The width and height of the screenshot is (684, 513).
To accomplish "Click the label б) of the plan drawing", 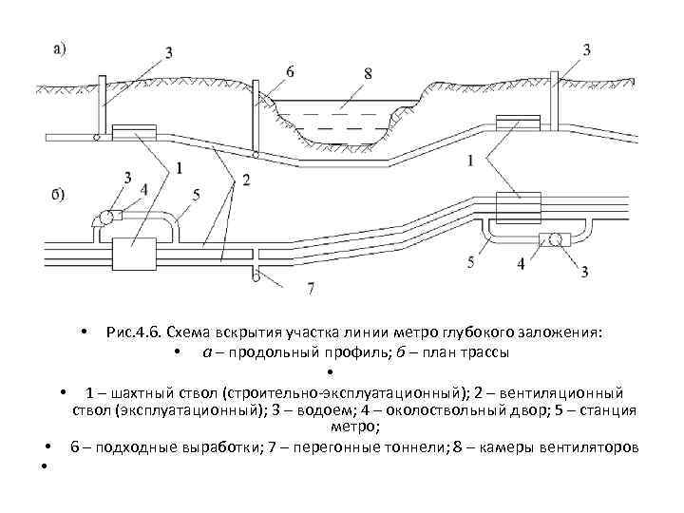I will pyautogui.click(x=58, y=196).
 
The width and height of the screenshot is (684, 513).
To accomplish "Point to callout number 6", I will pyautogui.click(x=289, y=71).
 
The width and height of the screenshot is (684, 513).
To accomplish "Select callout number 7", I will pyautogui.click(x=310, y=286).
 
